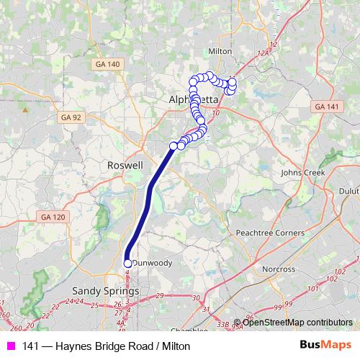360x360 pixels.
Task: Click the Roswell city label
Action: [125, 165]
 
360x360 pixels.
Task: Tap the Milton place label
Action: [219, 52]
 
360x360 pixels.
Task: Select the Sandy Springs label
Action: [100, 290]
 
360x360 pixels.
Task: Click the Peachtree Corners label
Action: [267, 234]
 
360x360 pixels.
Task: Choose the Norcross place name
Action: [278, 269]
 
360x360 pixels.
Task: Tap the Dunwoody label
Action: [153, 264]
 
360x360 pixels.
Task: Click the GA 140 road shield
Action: [107, 64]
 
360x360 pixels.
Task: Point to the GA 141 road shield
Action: [325, 107]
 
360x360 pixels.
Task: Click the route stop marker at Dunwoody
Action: [128, 264]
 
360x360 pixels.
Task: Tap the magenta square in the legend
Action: [10, 346]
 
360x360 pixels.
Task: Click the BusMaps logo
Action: [328, 346]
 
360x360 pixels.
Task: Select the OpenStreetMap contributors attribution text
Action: [297, 322]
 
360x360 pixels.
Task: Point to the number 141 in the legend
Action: [31, 346]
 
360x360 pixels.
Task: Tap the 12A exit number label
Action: [263, 53]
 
